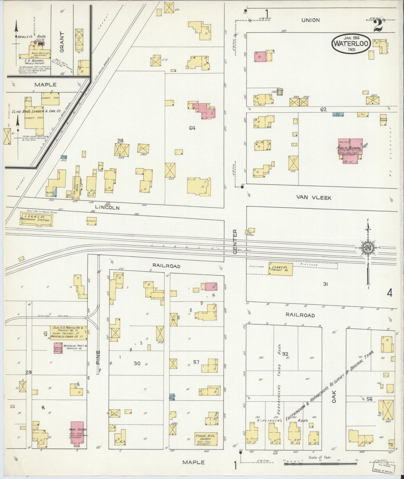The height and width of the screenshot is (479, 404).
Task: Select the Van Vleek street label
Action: point(314,198)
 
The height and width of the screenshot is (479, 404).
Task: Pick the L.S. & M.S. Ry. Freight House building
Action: point(280,269)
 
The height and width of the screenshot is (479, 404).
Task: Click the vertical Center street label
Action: point(235,242)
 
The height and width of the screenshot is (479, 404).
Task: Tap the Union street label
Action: point(311,20)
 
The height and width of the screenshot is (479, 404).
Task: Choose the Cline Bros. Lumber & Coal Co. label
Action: point(43,111)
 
